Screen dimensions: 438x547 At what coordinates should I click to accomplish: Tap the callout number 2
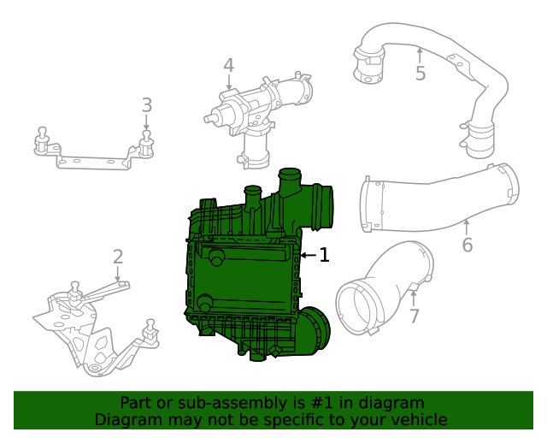click(118, 256)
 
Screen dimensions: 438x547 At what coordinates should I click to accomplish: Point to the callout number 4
click(228, 65)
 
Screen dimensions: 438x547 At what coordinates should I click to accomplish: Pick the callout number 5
click(420, 73)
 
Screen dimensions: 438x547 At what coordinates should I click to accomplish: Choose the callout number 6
click(467, 245)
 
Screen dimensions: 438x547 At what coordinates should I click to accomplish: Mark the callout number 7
click(414, 317)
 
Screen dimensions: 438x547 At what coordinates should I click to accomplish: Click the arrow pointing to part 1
click(308, 255)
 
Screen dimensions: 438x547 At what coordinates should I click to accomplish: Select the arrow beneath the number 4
click(228, 83)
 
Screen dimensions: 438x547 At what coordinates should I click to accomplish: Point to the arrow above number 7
click(413, 297)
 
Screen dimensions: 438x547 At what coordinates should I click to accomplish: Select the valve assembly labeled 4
click(252, 111)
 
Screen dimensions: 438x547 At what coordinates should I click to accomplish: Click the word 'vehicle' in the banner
click(415, 419)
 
